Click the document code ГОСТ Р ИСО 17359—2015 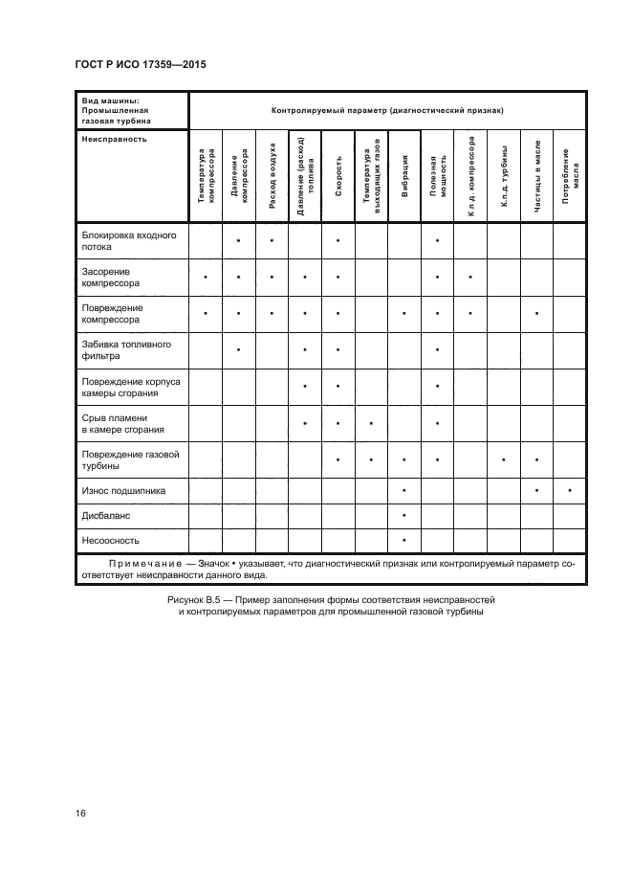[141, 65]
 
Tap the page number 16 [80, 813]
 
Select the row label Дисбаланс [106, 515]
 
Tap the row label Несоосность [110, 540]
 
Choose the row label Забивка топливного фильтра [120, 348]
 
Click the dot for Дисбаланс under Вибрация [405, 516]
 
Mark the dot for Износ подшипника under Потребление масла [571, 491]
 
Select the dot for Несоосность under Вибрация [405, 541]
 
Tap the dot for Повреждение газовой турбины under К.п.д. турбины [504, 459]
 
